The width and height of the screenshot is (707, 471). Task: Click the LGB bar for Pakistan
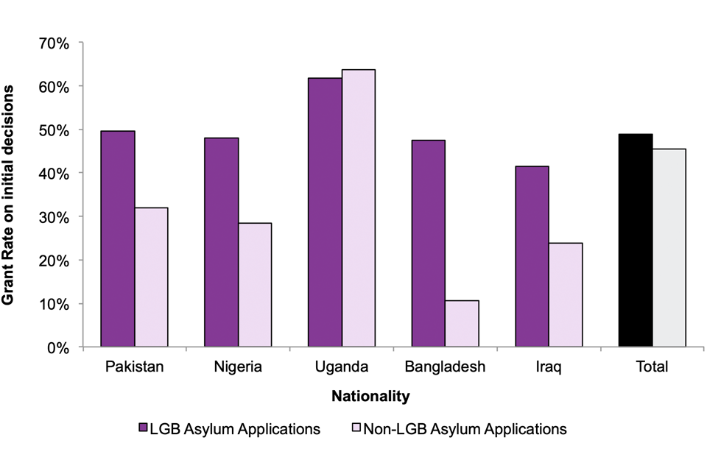tap(118, 238)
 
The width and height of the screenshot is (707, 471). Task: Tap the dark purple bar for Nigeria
tap(221, 242)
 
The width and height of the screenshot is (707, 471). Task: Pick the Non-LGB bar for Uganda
tap(359, 208)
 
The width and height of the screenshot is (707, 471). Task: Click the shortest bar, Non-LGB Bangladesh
tap(462, 323)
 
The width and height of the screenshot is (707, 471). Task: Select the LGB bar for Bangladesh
tap(429, 243)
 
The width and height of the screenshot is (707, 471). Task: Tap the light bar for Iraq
tap(566, 294)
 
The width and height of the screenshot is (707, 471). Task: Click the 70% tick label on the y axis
tap(54, 43)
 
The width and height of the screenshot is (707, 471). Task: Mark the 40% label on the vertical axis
tap(54, 174)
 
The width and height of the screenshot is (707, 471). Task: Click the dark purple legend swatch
tap(144, 429)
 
